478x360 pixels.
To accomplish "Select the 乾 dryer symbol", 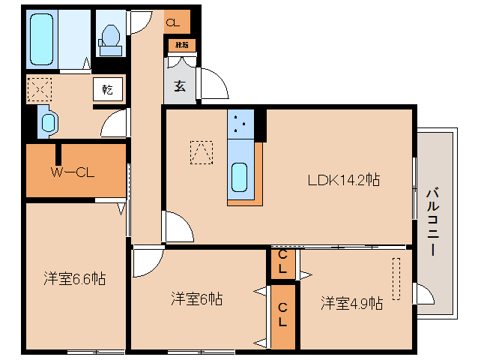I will [108, 89].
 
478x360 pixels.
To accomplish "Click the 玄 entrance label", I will [180, 85].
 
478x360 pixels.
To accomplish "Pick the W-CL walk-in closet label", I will [72, 172].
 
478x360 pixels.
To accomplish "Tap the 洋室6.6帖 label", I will [73, 279].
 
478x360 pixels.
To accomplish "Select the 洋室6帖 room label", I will [196, 298].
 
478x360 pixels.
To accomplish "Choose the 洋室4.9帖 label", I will [352, 303].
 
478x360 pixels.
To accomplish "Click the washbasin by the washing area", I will [48, 122].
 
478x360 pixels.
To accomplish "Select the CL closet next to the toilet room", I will [173, 22].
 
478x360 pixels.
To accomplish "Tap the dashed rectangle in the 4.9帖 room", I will [396, 279].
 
